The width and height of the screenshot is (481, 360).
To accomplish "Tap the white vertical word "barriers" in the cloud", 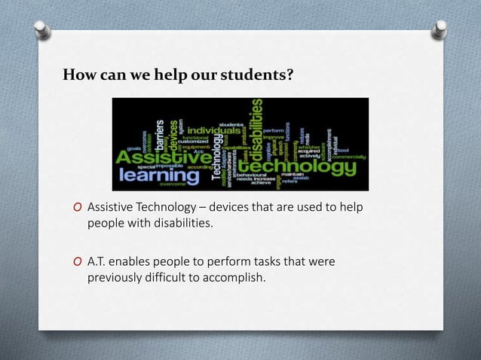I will (x=160, y=128).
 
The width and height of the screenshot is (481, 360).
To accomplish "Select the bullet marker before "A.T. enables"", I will (x=78, y=262).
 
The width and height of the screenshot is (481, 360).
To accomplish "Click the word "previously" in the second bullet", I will (x=115, y=277).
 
